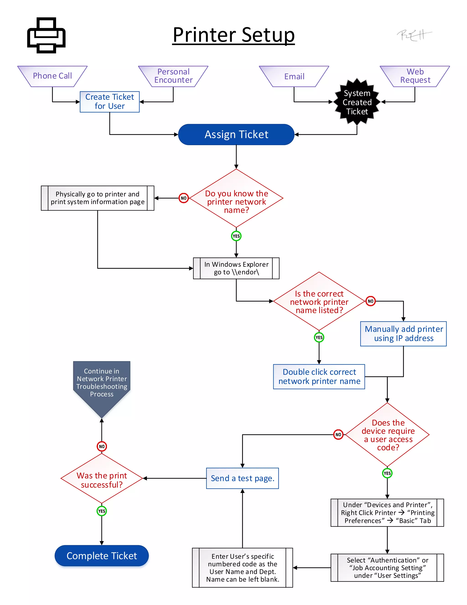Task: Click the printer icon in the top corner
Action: click(46, 35)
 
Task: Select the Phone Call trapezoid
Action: click(52, 76)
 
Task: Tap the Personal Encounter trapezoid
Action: click(173, 76)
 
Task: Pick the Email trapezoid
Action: click(294, 76)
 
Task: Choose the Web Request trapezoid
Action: click(415, 76)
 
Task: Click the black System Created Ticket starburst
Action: click(357, 102)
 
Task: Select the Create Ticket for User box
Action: click(109, 102)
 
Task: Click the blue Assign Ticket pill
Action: click(236, 134)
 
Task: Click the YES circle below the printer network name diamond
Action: click(236, 236)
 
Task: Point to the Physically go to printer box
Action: click(97, 198)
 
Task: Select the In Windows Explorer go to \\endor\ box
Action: click(236, 268)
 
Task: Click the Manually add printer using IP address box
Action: click(403, 334)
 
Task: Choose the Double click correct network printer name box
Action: click(319, 376)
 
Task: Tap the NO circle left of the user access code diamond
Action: click(338, 435)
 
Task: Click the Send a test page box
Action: click(242, 478)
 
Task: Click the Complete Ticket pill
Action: click(101, 556)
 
